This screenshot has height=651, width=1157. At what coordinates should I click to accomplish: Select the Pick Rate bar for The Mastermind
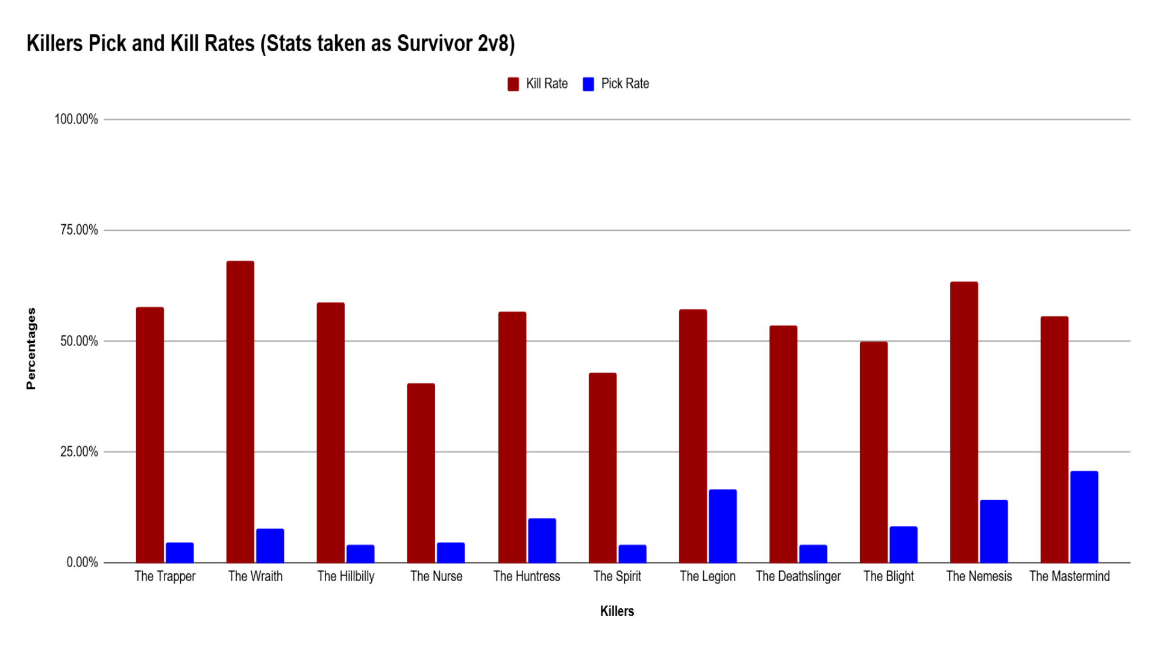tap(1084, 517)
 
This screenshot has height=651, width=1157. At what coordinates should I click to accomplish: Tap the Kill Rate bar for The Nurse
tap(421, 473)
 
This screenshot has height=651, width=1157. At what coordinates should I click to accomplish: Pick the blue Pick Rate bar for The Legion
tap(723, 526)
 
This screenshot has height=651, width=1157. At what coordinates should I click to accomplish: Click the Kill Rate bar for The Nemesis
tap(964, 422)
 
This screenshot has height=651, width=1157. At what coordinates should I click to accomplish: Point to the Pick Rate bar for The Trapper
tap(180, 552)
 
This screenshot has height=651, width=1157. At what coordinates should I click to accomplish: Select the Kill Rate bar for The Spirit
tap(602, 468)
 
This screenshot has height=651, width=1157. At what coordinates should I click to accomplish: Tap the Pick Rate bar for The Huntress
tap(542, 540)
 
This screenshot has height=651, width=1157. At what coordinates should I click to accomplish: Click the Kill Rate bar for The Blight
tap(873, 452)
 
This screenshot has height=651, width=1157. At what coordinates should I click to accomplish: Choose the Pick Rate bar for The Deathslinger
tap(813, 553)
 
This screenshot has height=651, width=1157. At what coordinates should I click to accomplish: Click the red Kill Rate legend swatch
tap(513, 84)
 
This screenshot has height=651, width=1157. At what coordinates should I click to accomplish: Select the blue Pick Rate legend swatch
tap(589, 84)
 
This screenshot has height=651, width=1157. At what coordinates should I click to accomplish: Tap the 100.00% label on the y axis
tap(76, 119)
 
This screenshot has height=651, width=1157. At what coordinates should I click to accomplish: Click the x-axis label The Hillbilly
tap(346, 576)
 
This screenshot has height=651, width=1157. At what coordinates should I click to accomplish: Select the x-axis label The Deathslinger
tap(798, 576)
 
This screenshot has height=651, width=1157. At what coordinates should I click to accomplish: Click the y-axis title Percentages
tap(31, 348)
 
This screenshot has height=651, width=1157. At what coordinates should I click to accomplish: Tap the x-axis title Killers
tap(617, 611)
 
